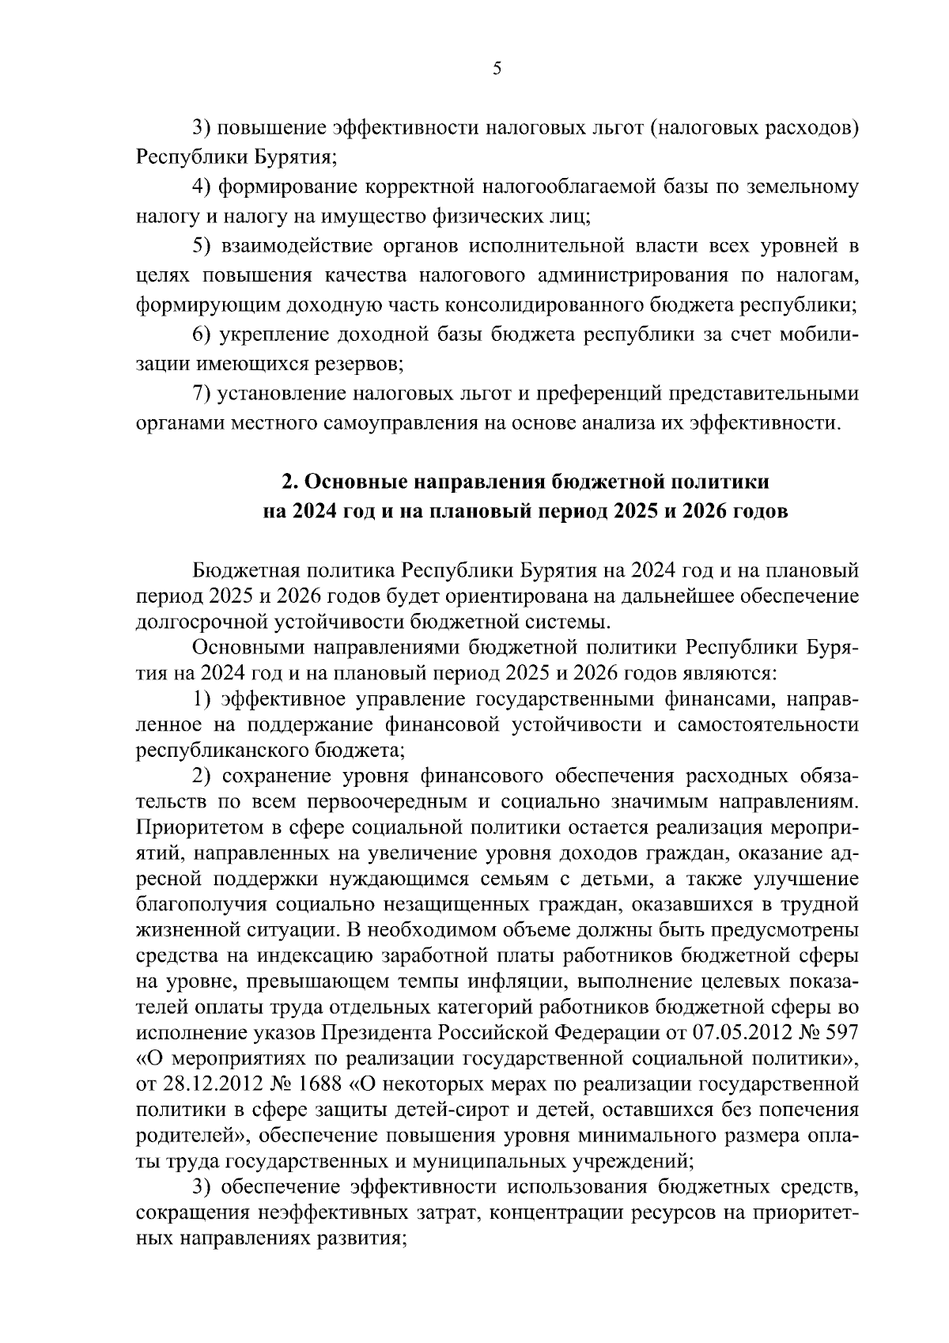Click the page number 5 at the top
pyautogui.click(x=497, y=69)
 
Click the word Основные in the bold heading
pyautogui.click(x=346, y=481)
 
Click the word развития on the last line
pyautogui.click(x=365, y=1239)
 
